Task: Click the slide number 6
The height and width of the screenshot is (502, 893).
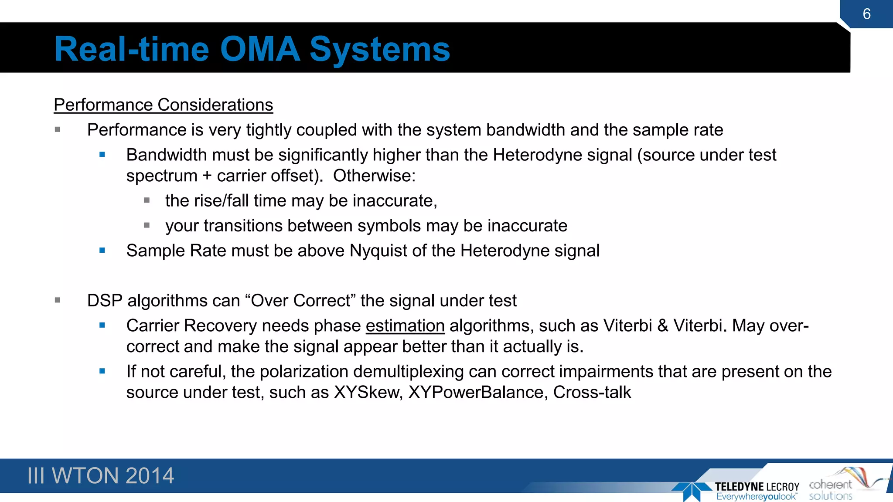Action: [866, 14]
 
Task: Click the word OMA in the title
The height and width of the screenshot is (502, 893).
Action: [260, 49]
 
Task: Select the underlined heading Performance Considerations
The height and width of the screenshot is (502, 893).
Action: [163, 105]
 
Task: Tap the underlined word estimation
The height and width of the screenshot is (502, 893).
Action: [405, 326]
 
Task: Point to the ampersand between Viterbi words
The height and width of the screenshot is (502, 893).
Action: [663, 326]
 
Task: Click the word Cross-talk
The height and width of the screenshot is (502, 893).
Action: [592, 393]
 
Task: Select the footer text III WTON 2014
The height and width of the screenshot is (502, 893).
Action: [100, 475]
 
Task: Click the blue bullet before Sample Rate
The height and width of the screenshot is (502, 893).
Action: [102, 251]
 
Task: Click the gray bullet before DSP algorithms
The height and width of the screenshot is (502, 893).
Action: [58, 300]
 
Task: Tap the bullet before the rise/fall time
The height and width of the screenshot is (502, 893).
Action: [147, 200]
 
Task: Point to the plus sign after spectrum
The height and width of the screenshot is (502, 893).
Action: [207, 176]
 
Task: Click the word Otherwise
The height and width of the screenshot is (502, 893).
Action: [374, 176]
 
